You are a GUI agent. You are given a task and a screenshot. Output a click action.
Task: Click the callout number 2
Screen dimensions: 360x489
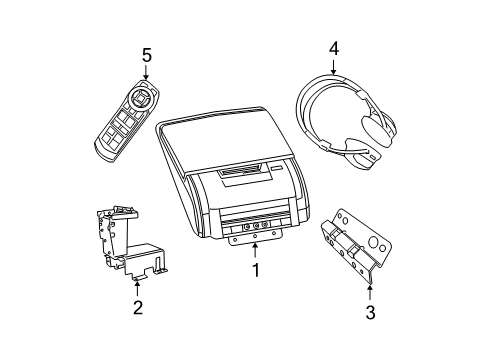pos(138,307)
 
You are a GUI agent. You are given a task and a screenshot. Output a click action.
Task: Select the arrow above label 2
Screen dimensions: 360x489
pos(138,286)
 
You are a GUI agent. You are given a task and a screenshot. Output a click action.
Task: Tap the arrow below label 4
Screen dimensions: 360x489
pos(334,66)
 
